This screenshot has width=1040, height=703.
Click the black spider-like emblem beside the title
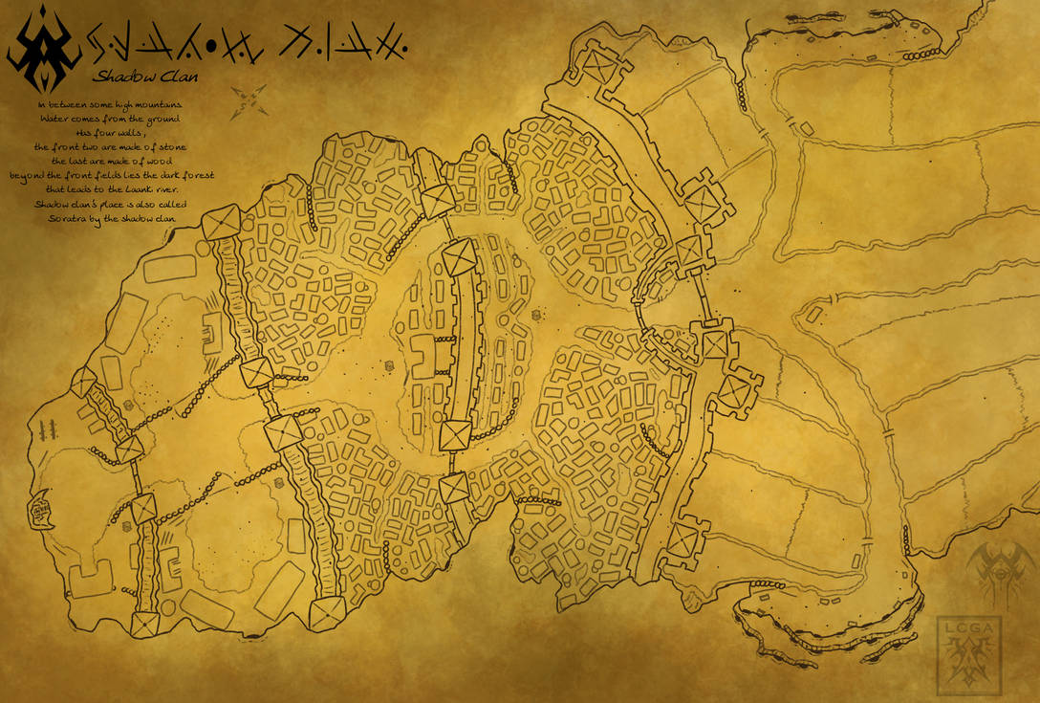(x=43, y=50)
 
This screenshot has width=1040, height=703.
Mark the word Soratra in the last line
(x=68, y=219)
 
